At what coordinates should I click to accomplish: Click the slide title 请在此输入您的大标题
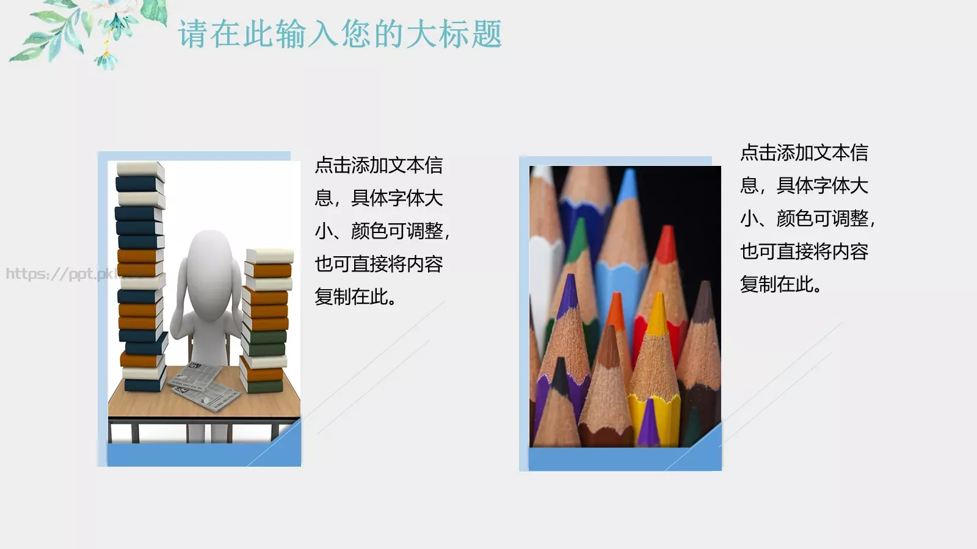click(x=340, y=34)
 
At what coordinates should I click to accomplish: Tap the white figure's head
click(x=209, y=256)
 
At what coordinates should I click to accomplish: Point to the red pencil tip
click(x=667, y=241)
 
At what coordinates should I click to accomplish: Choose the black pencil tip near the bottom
click(x=560, y=370)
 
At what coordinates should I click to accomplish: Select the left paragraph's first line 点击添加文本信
click(x=379, y=165)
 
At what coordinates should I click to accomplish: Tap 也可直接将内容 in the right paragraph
click(x=804, y=251)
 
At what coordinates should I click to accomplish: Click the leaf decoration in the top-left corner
click(x=85, y=30)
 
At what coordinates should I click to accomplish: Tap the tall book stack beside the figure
click(x=140, y=274)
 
